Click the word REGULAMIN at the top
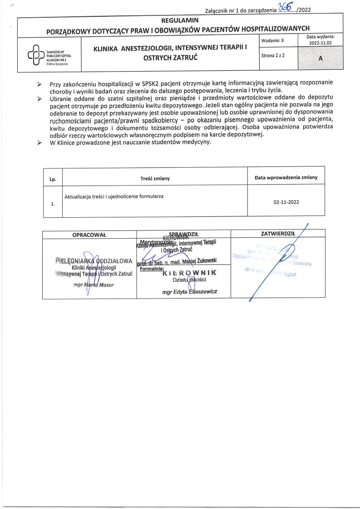180,20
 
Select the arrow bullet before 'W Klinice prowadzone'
39,142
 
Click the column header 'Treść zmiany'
155,178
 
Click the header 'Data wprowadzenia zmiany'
286,177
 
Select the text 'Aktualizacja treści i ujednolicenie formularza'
114,196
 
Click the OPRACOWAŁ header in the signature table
89,235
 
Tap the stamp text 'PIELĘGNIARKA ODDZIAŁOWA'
93,261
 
